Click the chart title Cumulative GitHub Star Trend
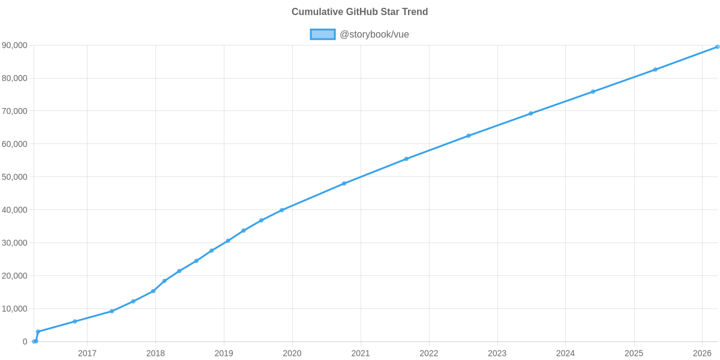point(359,12)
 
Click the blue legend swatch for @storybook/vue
point(322,35)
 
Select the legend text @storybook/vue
point(374,35)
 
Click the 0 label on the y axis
point(25,341)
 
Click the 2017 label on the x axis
point(87,353)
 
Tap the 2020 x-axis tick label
point(292,353)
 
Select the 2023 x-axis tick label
point(497,353)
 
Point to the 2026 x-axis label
point(702,353)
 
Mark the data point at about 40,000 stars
point(281,210)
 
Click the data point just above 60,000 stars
point(469,136)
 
